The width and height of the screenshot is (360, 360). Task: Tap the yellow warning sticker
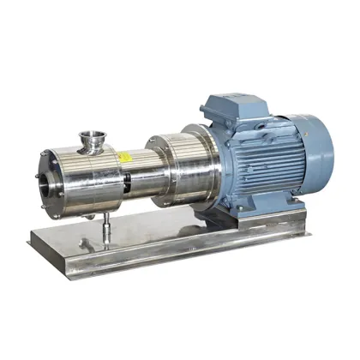[x=124, y=159]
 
